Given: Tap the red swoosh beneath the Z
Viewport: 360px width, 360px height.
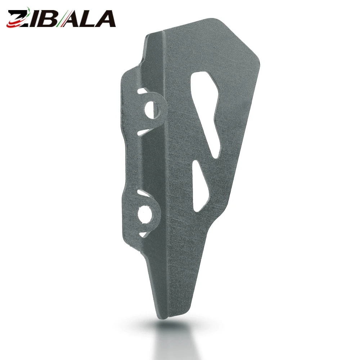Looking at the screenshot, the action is [16, 23].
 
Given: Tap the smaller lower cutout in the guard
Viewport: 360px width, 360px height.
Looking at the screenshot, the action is [201, 186].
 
